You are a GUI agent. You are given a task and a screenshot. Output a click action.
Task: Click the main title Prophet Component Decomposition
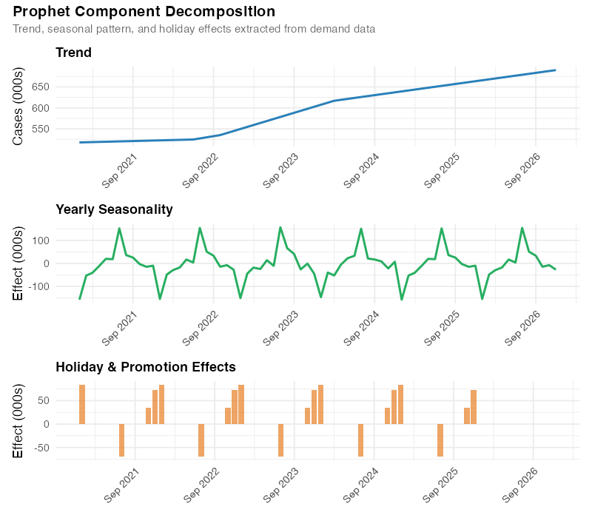coord(144,12)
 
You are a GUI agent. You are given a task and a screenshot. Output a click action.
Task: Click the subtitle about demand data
coord(194,29)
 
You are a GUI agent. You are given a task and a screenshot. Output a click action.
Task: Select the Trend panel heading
coord(73,53)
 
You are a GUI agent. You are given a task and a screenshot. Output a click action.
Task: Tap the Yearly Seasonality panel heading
coord(114,209)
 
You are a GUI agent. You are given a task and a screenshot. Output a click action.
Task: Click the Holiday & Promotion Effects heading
coord(146,366)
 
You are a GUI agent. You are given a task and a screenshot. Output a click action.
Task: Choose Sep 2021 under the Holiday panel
coord(120,482)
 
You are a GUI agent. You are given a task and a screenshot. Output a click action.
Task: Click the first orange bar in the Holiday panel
coord(82,404)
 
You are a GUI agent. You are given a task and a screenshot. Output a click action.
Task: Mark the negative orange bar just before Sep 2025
coord(440,440)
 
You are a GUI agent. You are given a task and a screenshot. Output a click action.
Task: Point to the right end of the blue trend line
coord(555,70)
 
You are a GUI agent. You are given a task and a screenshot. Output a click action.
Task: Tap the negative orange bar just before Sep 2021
coord(121,440)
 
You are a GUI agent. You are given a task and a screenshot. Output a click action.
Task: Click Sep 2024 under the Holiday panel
coord(360,482)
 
